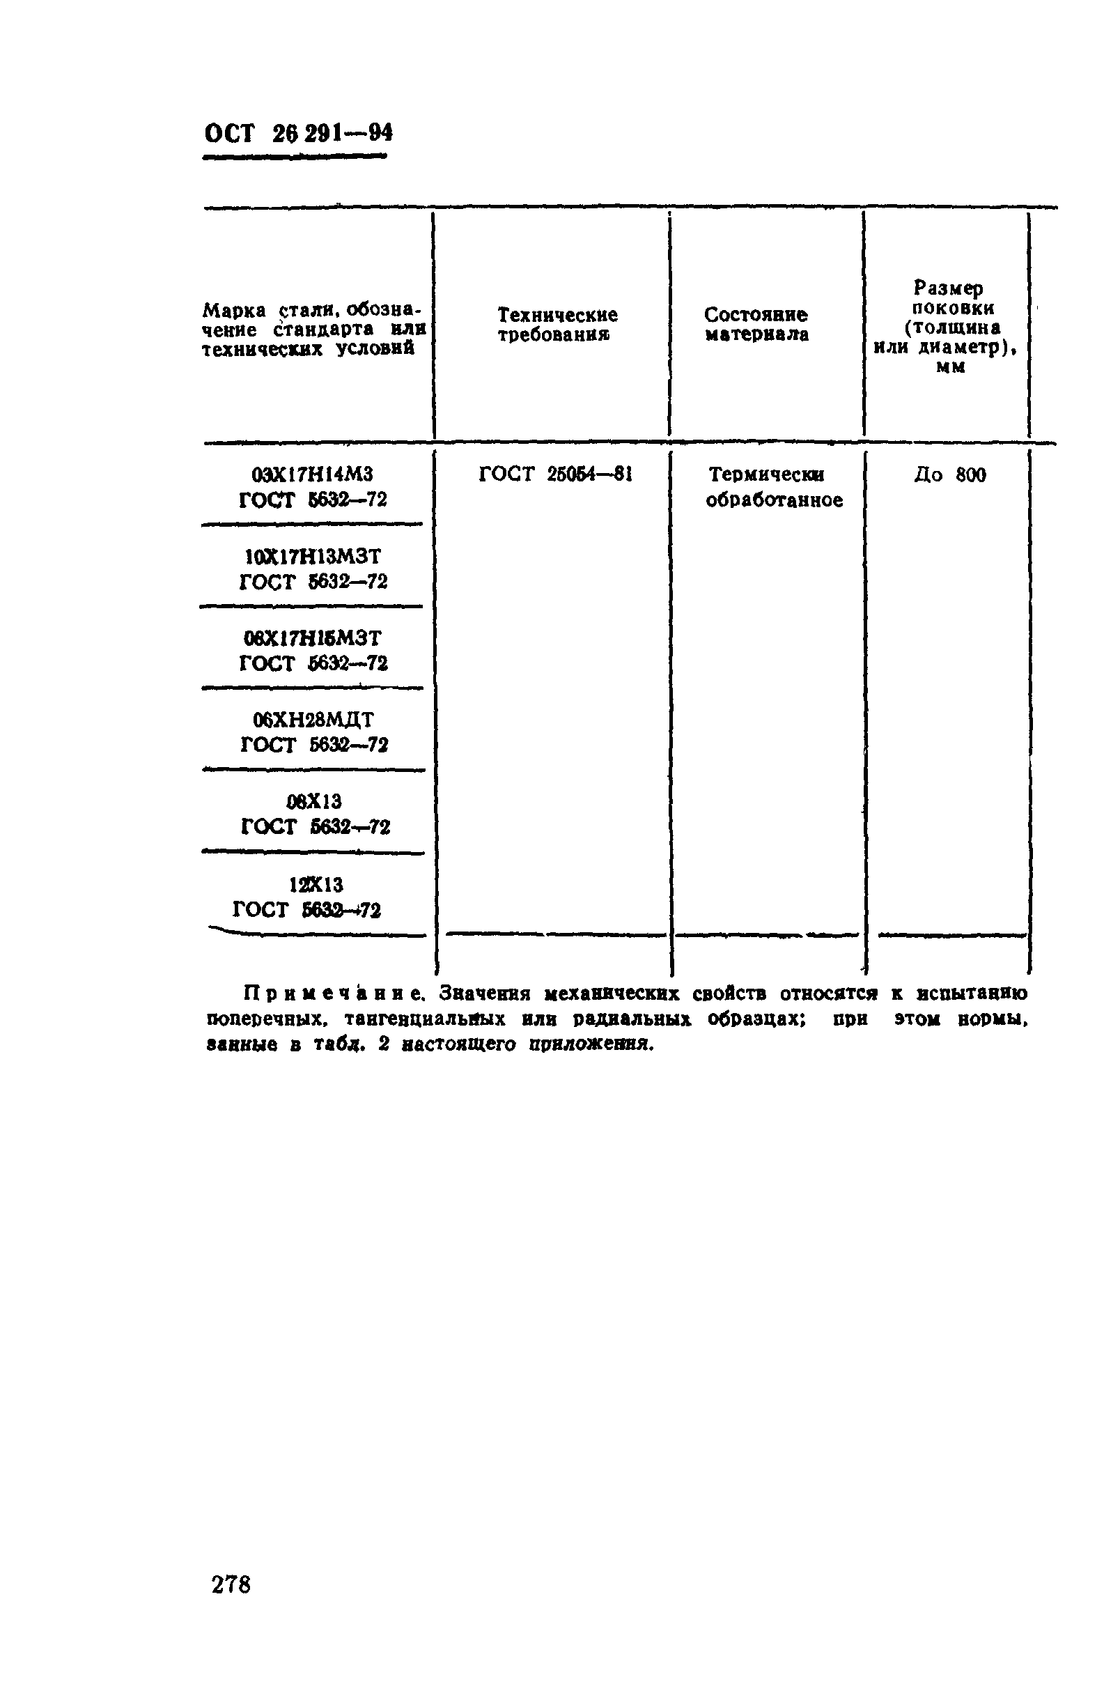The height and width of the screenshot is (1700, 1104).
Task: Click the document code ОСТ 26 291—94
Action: coord(298,134)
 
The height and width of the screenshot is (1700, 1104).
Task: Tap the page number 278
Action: coord(231,1584)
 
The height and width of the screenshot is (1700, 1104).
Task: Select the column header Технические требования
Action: coord(557,325)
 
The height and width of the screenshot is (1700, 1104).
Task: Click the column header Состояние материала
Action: coord(756,325)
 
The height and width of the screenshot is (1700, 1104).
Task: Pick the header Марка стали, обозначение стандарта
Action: coord(313,330)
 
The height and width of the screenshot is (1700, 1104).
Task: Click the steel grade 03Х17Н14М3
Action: coord(312,474)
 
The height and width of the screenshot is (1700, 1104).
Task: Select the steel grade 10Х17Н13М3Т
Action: coord(312,556)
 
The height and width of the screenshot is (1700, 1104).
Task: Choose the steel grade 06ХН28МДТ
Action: coord(313,719)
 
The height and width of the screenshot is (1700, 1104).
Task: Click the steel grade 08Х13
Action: coord(313,801)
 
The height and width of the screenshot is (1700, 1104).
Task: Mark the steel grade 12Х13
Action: coord(316,885)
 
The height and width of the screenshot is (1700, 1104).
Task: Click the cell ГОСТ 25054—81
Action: coord(555,474)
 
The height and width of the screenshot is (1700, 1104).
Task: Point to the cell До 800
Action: coord(949,475)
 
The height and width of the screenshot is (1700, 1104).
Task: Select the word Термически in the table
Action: coord(765,474)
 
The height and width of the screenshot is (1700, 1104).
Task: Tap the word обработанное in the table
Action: coord(774,500)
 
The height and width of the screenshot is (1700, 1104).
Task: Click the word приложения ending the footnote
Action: coord(591,1044)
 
